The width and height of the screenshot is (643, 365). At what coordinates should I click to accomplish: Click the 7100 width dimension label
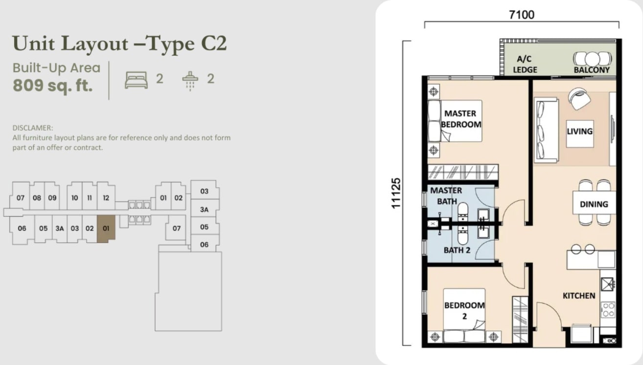click(x=522, y=15)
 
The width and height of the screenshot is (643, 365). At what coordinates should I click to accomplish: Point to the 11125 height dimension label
click(x=395, y=193)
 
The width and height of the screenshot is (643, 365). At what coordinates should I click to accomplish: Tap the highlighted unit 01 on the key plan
click(x=106, y=228)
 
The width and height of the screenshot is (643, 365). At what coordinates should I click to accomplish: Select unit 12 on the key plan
click(x=106, y=198)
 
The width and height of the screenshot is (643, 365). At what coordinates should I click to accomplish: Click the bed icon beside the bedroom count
click(x=136, y=80)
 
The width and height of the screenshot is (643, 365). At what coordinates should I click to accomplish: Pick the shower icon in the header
click(x=190, y=81)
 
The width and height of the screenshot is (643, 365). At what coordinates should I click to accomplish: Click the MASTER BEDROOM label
click(x=461, y=119)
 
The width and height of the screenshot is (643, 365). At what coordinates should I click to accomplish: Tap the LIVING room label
click(x=579, y=131)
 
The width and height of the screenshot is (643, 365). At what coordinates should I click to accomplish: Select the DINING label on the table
click(x=594, y=204)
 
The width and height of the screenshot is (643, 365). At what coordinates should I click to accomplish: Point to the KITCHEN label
click(x=579, y=296)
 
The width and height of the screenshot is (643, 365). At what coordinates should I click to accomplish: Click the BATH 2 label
click(x=457, y=250)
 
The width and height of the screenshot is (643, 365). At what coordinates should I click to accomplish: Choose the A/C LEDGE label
click(x=525, y=64)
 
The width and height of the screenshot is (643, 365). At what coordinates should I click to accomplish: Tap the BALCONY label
click(x=592, y=70)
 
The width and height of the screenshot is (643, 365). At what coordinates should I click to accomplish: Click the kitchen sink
click(x=607, y=284)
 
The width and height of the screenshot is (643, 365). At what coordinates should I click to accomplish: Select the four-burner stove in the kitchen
click(x=608, y=310)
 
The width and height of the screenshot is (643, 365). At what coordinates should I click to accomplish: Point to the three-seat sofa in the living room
click(x=546, y=130)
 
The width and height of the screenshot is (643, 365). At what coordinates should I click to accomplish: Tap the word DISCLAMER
click(x=33, y=128)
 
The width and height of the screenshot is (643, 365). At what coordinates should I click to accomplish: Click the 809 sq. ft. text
click(x=53, y=86)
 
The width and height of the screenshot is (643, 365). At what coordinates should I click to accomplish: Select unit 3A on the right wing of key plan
click(x=205, y=209)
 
